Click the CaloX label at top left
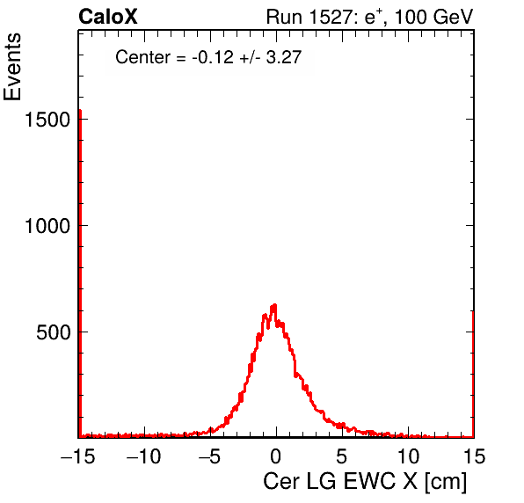click(108, 17)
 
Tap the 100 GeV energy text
click(434, 17)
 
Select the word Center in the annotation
click(142, 57)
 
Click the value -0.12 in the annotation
click(213, 57)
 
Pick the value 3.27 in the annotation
click(284, 57)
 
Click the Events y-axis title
click(12, 67)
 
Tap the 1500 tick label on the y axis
click(47, 120)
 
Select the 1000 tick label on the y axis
click(47, 226)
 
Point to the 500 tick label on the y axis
click(53, 332)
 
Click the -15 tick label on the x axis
click(77, 456)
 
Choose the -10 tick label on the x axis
click(143, 456)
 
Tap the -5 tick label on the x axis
click(210, 456)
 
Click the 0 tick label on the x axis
click(276, 456)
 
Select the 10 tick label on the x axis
click(408, 456)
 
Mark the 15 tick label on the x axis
click(474, 456)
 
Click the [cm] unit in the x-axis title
click(446, 482)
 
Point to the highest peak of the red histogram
click(274, 305)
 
